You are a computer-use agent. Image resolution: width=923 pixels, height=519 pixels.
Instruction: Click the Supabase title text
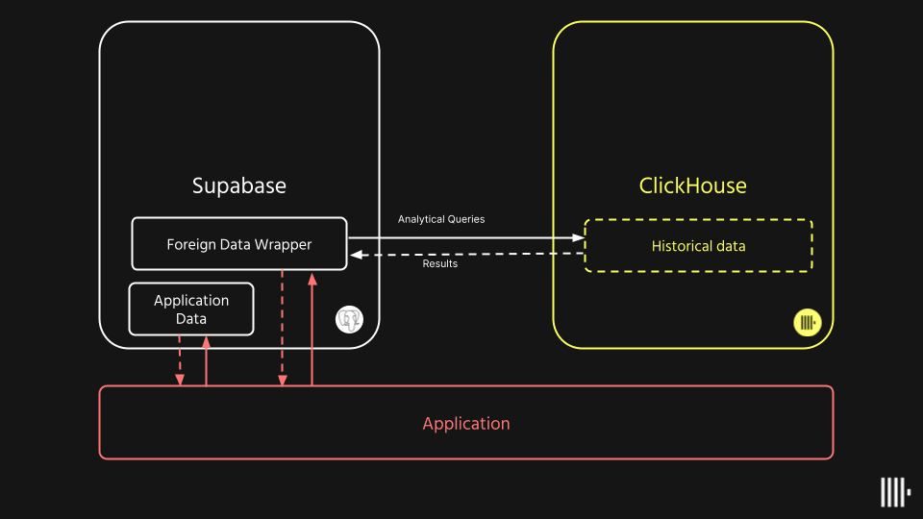[238, 185]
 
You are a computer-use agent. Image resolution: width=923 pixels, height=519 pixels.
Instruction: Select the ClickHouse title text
[692, 185]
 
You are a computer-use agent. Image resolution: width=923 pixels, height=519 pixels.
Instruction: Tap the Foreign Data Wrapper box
[238, 244]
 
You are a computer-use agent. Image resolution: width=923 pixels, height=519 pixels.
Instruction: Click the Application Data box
[191, 309]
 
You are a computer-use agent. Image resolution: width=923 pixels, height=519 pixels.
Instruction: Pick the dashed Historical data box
[699, 246]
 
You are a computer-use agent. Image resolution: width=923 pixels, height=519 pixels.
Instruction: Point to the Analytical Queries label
[441, 219]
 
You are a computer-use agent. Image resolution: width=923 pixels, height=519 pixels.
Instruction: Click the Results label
[440, 263]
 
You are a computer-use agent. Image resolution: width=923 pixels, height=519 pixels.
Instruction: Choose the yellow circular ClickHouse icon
[807, 322]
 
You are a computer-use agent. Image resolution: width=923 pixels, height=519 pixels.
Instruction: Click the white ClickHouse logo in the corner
[895, 492]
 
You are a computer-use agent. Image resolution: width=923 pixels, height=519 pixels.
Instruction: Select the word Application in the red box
[466, 423]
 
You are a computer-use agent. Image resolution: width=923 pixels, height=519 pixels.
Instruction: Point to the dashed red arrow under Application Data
[180, 360]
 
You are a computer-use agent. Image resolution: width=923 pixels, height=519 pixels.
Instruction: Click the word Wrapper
[282, 244]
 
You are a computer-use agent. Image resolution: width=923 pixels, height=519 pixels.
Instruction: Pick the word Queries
[466, 219]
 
